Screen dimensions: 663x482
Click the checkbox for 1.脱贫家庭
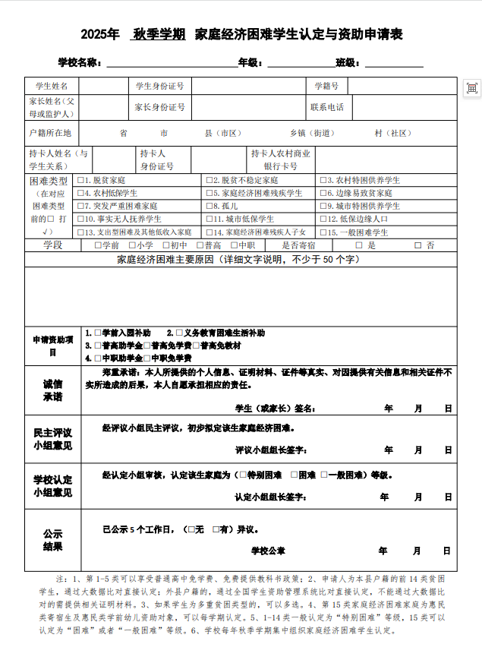point(80,181)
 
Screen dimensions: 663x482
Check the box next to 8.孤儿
point(208,206)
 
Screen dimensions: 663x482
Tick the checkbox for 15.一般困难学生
point(323,232)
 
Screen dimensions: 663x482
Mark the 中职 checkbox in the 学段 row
point(234,245)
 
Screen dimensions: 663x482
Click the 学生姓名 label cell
point(52,86)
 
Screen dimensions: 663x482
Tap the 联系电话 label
point(327,107)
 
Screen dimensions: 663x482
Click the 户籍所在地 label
point(50,133)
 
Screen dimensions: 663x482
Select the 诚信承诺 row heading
point(52,390)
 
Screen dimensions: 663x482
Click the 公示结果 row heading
point(52,540)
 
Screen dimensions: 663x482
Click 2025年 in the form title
point(100,34)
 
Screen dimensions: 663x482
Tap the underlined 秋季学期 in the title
point(159,34)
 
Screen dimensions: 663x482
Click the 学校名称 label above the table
point(80,62)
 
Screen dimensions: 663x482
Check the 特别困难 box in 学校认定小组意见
point(243,475)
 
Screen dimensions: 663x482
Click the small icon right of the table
point(471,88)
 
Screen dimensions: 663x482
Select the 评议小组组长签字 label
point(270,450)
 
